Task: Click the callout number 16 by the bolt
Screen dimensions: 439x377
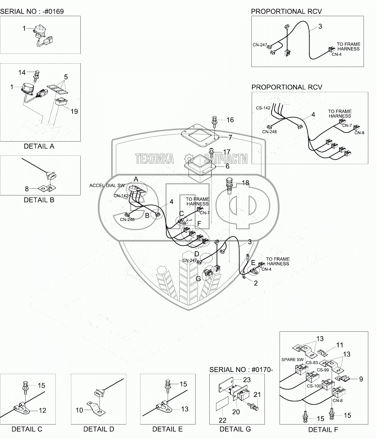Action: coord(230,120)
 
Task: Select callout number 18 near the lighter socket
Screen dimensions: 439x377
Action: coord(245,183)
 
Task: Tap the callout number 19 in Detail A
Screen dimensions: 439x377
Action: coord(74,111)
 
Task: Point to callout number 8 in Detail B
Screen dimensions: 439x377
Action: coord(27,189)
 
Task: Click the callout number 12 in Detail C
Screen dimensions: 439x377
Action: coord(42,410)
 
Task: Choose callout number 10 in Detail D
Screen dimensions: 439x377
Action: coord(79,410)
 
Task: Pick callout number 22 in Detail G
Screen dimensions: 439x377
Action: coord(222,420)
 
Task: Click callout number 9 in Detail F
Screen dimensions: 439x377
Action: coord(361,379)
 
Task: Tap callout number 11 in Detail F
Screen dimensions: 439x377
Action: coord(340,345)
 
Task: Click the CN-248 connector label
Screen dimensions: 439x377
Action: coord(270,132)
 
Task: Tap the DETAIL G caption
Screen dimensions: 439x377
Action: coord(235,429)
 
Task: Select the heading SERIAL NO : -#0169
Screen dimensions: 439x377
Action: coord(32,11)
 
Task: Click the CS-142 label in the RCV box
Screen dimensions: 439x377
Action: coord(262,108)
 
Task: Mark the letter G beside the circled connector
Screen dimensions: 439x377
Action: coord(198,278)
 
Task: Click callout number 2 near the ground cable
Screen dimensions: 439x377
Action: coord(256,283)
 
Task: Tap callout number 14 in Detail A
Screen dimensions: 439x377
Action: coord(22,72)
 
